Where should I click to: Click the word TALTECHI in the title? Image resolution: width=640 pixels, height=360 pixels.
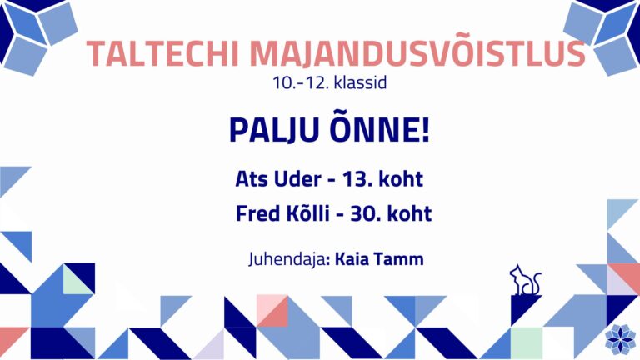click(162, 53)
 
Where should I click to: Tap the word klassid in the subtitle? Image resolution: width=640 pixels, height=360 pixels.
click(360, 82)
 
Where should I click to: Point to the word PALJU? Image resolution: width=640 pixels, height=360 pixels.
click(274, 130)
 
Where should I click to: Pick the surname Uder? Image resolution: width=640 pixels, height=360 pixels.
click(297, 179)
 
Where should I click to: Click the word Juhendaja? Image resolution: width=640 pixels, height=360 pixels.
click(287, 259)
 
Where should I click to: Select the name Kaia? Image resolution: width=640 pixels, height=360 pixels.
click(352, 259)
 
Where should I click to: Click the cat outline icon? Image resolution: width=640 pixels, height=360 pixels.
click(525, 280)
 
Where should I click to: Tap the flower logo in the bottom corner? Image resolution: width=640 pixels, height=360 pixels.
click(620, 339)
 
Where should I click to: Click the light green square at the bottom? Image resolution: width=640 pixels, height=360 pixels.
click(527, 342)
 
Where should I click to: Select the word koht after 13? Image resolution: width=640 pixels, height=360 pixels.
click(401, 179)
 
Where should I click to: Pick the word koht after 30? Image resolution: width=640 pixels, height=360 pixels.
click(410, 213)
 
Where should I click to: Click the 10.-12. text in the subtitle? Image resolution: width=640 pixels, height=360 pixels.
click(301, 82)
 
